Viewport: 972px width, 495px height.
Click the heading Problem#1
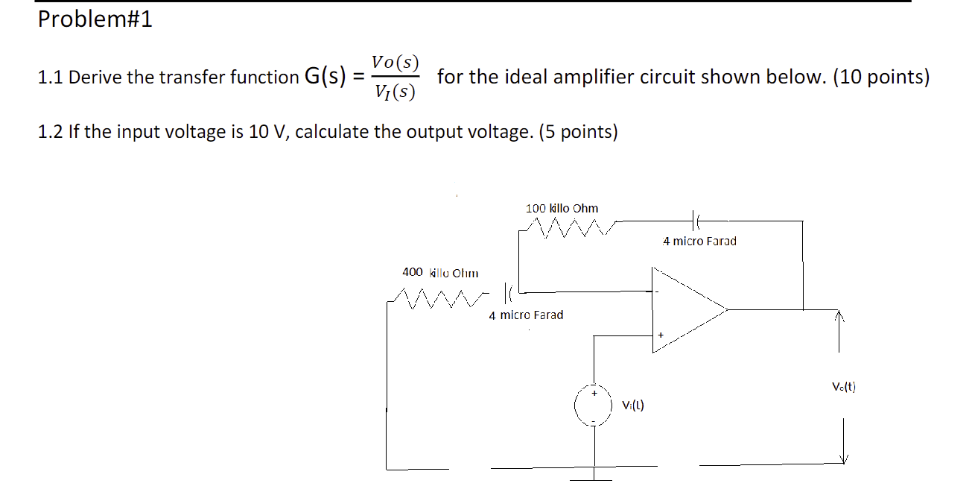(x=95, y=20)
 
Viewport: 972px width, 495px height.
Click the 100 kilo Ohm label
(x=562, y=208)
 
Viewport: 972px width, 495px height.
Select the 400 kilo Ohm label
(x=440, y=272)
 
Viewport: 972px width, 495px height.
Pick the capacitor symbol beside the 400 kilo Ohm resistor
(x=510, y=290)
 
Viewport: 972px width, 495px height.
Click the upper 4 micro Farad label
(x=699, y=241)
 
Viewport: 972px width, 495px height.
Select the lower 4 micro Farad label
(x=526, y=315)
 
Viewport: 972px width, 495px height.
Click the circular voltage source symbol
(x=594, y=406)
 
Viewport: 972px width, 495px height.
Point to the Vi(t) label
(x=632, y=406)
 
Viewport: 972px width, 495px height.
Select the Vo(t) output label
(x=844, y=387)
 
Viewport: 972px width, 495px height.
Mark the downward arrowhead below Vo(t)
(x=844, y=458)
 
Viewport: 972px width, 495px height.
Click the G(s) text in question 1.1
(x=324, y=76)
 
